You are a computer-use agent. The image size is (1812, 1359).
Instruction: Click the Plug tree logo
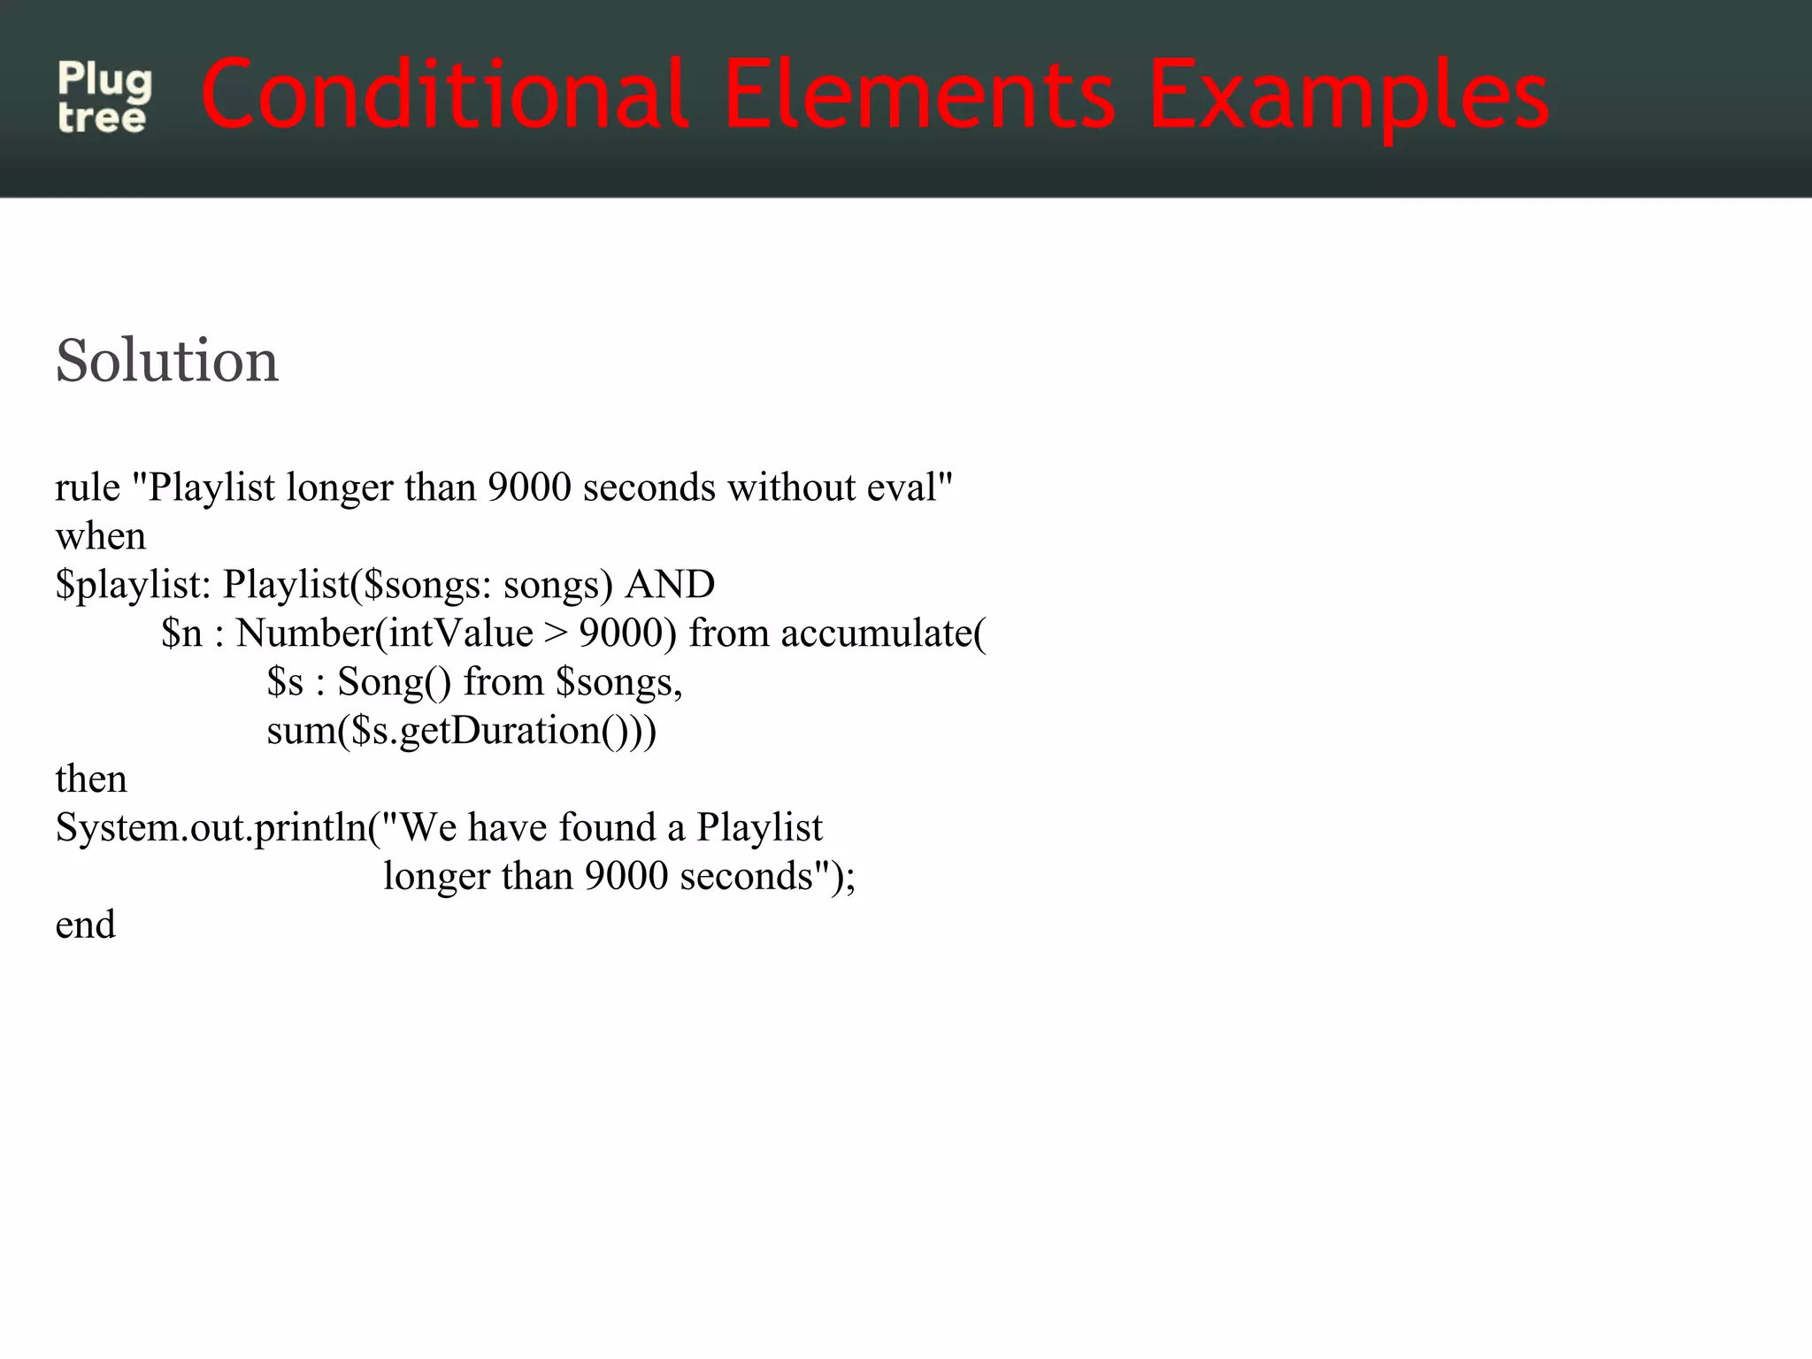pyautogui.click(x=104, y=97)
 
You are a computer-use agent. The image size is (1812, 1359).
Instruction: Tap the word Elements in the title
pyautogui.click(x=919, y=94)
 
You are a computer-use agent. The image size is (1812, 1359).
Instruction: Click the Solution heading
pyautogui.click(x=166, y=361)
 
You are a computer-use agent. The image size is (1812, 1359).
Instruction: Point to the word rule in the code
pyautogui.click(x=87, y=488)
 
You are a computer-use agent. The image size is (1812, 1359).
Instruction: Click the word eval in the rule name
pyautogui.click(x=909, y=488)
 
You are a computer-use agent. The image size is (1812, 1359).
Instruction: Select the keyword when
pyautogui.click(x=100, y=536)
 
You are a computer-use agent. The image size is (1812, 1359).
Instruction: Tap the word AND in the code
pyautogui.click(x=670, y=585)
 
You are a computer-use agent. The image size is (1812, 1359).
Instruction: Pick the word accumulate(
pyautogui.click(x=883, y=633)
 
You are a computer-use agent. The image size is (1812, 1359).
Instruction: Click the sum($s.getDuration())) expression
pyautogui.click(x=461, y=731)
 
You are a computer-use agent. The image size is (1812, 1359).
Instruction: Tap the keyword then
pyautogui.click(x=90, y=779)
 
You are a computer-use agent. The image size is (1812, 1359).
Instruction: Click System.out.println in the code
pyautogui.click(x=211, y=828)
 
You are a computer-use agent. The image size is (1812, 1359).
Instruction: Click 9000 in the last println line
pyautogui.click(x=626, y=877)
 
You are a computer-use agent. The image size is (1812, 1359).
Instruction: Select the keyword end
pyautogui.click(x=85, y=925)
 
